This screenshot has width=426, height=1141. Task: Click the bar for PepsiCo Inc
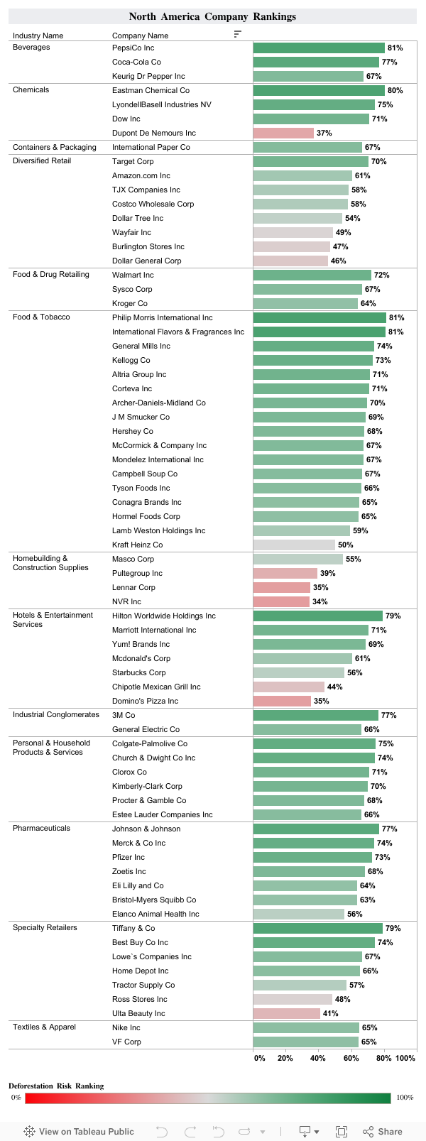tap(319, 48)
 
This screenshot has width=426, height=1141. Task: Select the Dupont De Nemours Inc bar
tap(283, 133)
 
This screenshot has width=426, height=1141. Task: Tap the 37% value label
tap(324, 133)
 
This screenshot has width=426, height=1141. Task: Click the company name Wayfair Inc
tap(131, 232)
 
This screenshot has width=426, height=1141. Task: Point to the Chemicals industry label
tap(31, 89)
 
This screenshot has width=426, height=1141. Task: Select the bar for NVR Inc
tap(281, 601)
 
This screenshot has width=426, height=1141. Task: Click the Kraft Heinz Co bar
tap(294, 545)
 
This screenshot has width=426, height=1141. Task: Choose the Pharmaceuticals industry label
tap(41, 829)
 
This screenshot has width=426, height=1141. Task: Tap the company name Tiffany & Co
tap(133, 928)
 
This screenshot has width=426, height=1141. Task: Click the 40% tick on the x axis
tap(318, 1058)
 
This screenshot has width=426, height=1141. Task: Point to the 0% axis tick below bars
tap(259, 1058)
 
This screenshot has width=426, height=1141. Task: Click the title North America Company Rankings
tap(212, 16)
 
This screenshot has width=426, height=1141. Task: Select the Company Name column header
tap(140, 36)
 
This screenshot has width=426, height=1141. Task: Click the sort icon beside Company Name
tap(237, 34)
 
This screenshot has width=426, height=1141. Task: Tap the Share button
tap(383, 1131)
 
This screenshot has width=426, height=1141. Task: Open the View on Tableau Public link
tap(79, 1131)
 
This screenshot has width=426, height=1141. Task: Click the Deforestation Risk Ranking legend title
tap(56, 1086)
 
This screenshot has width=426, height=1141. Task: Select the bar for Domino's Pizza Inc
tap(282, 701)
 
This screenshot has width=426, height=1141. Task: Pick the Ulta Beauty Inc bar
tap(286, 1013)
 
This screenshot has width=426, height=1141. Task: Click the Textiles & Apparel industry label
tap(44, 1027)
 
